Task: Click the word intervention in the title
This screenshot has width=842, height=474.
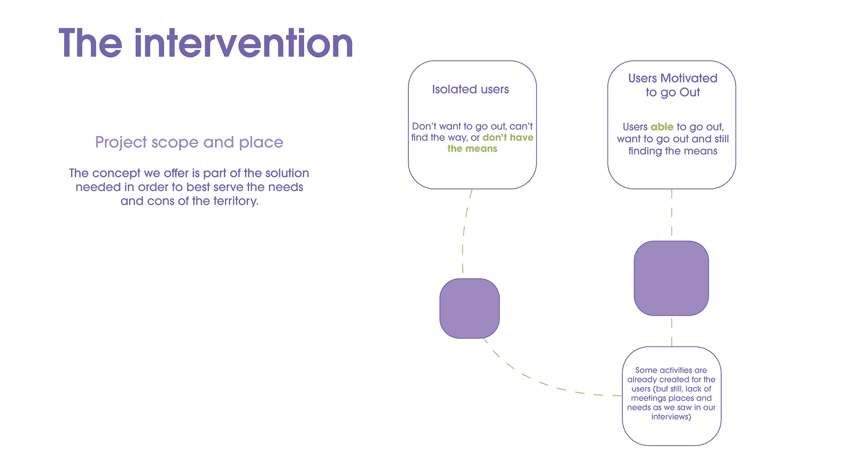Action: (244, 43)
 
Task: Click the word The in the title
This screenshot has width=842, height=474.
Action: (90, 43)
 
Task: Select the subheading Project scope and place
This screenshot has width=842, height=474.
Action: (189, 142)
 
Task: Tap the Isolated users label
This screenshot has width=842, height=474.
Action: (470, 90)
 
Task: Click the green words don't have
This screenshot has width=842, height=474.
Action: (508, 137)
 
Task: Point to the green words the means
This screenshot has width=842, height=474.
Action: (472, 149)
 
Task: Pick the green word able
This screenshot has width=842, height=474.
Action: (662, 127)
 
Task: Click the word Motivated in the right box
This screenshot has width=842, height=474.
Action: (689, 78)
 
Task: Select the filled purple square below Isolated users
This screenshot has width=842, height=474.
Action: (469, 309)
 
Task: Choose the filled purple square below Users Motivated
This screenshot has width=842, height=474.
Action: (671, 278)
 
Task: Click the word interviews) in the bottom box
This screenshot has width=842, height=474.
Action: (671, 417)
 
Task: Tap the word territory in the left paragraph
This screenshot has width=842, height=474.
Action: (235, 201)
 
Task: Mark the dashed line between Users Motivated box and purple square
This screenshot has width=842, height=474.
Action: (671, 213)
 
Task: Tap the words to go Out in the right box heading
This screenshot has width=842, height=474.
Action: (672, 93)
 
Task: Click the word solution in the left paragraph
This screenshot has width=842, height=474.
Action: (287, 173)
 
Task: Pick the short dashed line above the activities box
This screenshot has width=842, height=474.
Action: (671, 332)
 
